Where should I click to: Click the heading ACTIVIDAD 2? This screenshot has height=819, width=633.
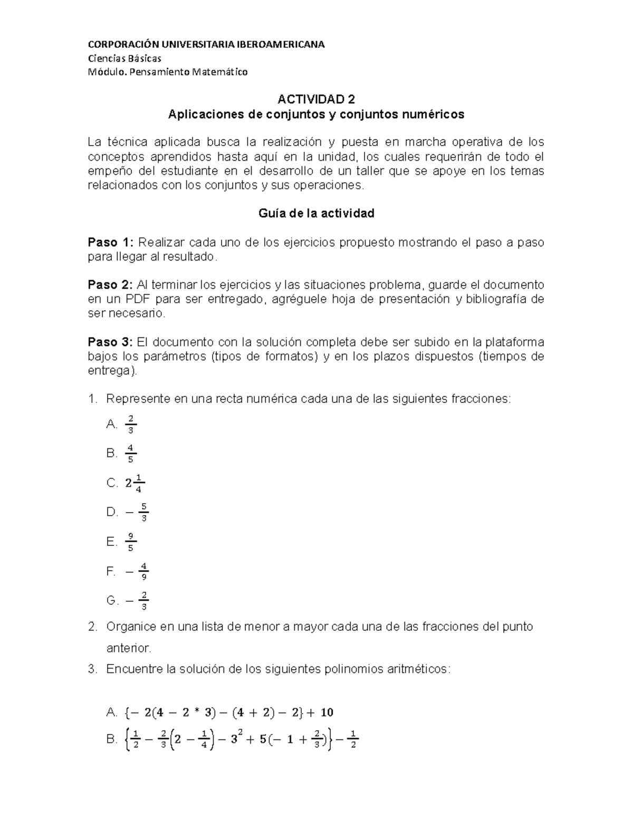[x=316, y=100]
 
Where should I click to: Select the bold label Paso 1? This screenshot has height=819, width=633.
[x=111, y=243]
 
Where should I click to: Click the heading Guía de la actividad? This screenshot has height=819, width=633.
[x=316, y=214]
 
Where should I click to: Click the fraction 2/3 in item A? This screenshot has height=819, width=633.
[x=130, y=424]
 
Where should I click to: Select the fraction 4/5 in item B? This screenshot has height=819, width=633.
[x=130, y=453]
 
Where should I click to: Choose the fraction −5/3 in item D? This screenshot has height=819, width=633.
[x=137, y=512]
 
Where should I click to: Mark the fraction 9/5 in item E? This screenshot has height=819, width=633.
[x=130, y=542]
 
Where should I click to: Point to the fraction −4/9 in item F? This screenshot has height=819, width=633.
[x=137, y=571]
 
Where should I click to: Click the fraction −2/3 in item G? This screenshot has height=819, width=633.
[x=137, y=601]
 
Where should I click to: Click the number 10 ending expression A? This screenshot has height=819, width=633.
[x=327, y=713]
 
